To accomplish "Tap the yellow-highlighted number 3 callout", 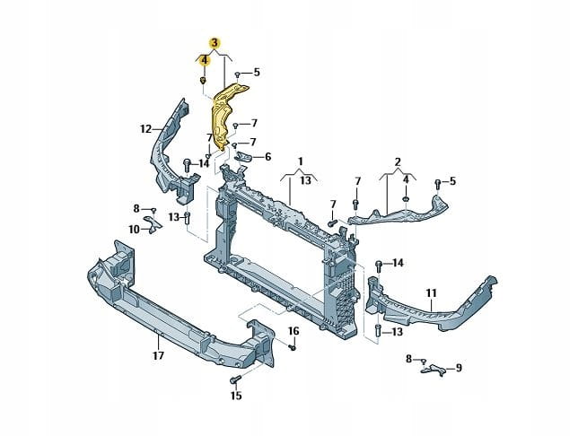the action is pyautogui.click(x=215, y=43).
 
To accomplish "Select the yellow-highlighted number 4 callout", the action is pyautogui.click(x=204, y=59).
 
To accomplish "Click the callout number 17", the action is pyautogui.click(x=158, y=355).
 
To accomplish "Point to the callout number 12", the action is pyautogui.click(x=146, y=129).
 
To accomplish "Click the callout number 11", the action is pyautogui.click(x=432, y=293).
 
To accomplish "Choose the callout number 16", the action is pyautogui.click(x=293, y=331).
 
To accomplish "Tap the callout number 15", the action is pyautogui.click(x=236, y=396).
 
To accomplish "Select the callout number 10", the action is pyautogui.click(x=134, y=229).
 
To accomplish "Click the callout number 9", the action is pyautogui.click(x=459, y=368).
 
